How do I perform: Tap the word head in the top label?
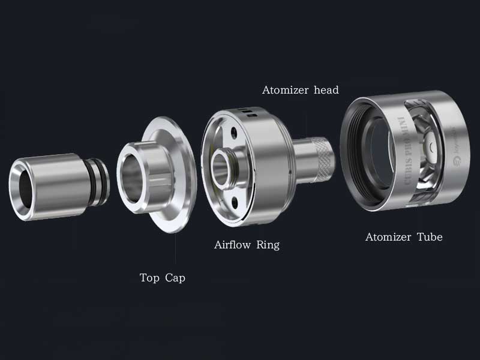(x=326, y=90)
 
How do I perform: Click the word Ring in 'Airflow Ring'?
(x=268, y=245)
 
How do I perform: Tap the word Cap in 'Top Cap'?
(x=175, y=278)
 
